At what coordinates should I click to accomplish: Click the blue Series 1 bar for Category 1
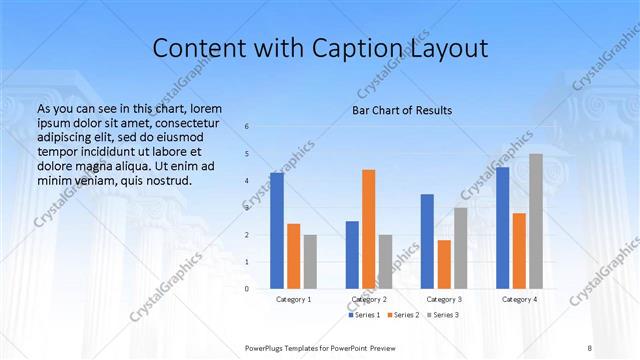click(x=277, y=231)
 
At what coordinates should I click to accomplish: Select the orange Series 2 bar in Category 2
click(x=368, y=229)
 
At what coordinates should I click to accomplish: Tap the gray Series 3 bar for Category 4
click(x=536, y=221)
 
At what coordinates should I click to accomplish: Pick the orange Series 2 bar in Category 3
click(x=444, y=264)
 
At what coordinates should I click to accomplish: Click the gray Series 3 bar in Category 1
click(x=310, y=262)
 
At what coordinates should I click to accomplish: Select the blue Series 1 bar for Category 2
click(x=352, y=255)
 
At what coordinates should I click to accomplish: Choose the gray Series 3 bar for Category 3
click(x=460, y=248)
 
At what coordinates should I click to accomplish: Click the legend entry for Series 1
click(x=365, y=315)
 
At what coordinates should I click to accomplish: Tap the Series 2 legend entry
click(x=404, y=315)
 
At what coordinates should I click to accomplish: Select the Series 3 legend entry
click(x=443, y=315)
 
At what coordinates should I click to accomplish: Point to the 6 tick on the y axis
click(x=247, y=127)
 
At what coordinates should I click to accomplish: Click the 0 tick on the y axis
click(x=247, y=288)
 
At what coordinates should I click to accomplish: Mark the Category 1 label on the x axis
click(x=293, y=299)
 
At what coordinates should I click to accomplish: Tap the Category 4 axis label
click(x=519, y=299)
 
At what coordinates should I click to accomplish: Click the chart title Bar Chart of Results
click(x=402, y=110)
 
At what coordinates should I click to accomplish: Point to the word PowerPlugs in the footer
click(x=267, y=347)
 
